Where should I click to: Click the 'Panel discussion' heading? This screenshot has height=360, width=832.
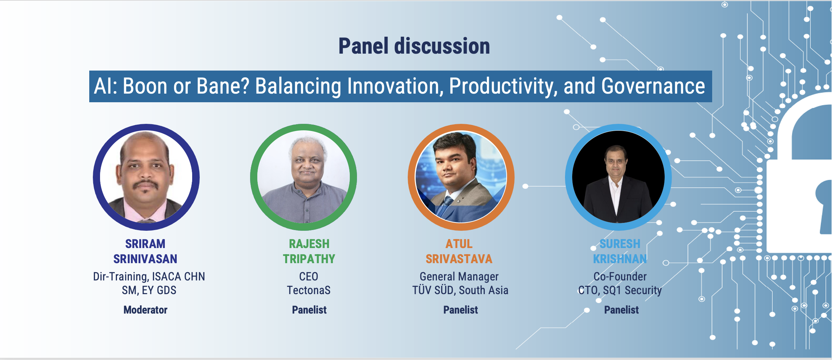(x=414, y=46)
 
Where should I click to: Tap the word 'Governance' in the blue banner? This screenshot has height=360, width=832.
(x=653, y=86)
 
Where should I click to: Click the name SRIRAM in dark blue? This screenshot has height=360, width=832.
(x=145, y=244)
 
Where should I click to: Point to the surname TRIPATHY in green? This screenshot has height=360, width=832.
(x=309, y=259)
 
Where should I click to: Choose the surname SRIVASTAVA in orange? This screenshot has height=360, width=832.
(x=459, y=259)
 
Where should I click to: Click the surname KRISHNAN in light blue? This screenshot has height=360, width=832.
(x=620, y=259)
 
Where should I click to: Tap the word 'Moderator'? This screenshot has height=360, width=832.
(x=145, y=310)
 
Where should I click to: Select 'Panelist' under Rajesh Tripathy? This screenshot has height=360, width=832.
(x=309, y=310)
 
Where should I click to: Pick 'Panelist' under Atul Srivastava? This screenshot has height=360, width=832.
(x=461, y=310)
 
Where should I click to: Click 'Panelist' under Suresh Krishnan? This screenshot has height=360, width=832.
(x=621, y=310)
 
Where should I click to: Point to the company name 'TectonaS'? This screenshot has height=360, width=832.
(x=309, y=290)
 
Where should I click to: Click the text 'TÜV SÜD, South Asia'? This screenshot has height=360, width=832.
(x=460, y=290)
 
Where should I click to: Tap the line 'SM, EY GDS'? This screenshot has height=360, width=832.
(x=149, y=290)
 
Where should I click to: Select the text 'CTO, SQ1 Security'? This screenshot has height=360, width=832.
(x=620, y=291)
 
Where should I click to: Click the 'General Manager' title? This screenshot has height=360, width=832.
(x=459, y=276)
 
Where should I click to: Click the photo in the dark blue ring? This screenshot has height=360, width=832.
(x=146, y=177)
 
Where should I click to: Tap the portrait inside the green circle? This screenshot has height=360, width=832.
(x=304, y=177)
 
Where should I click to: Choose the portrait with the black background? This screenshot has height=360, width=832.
(x=618, y=177)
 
